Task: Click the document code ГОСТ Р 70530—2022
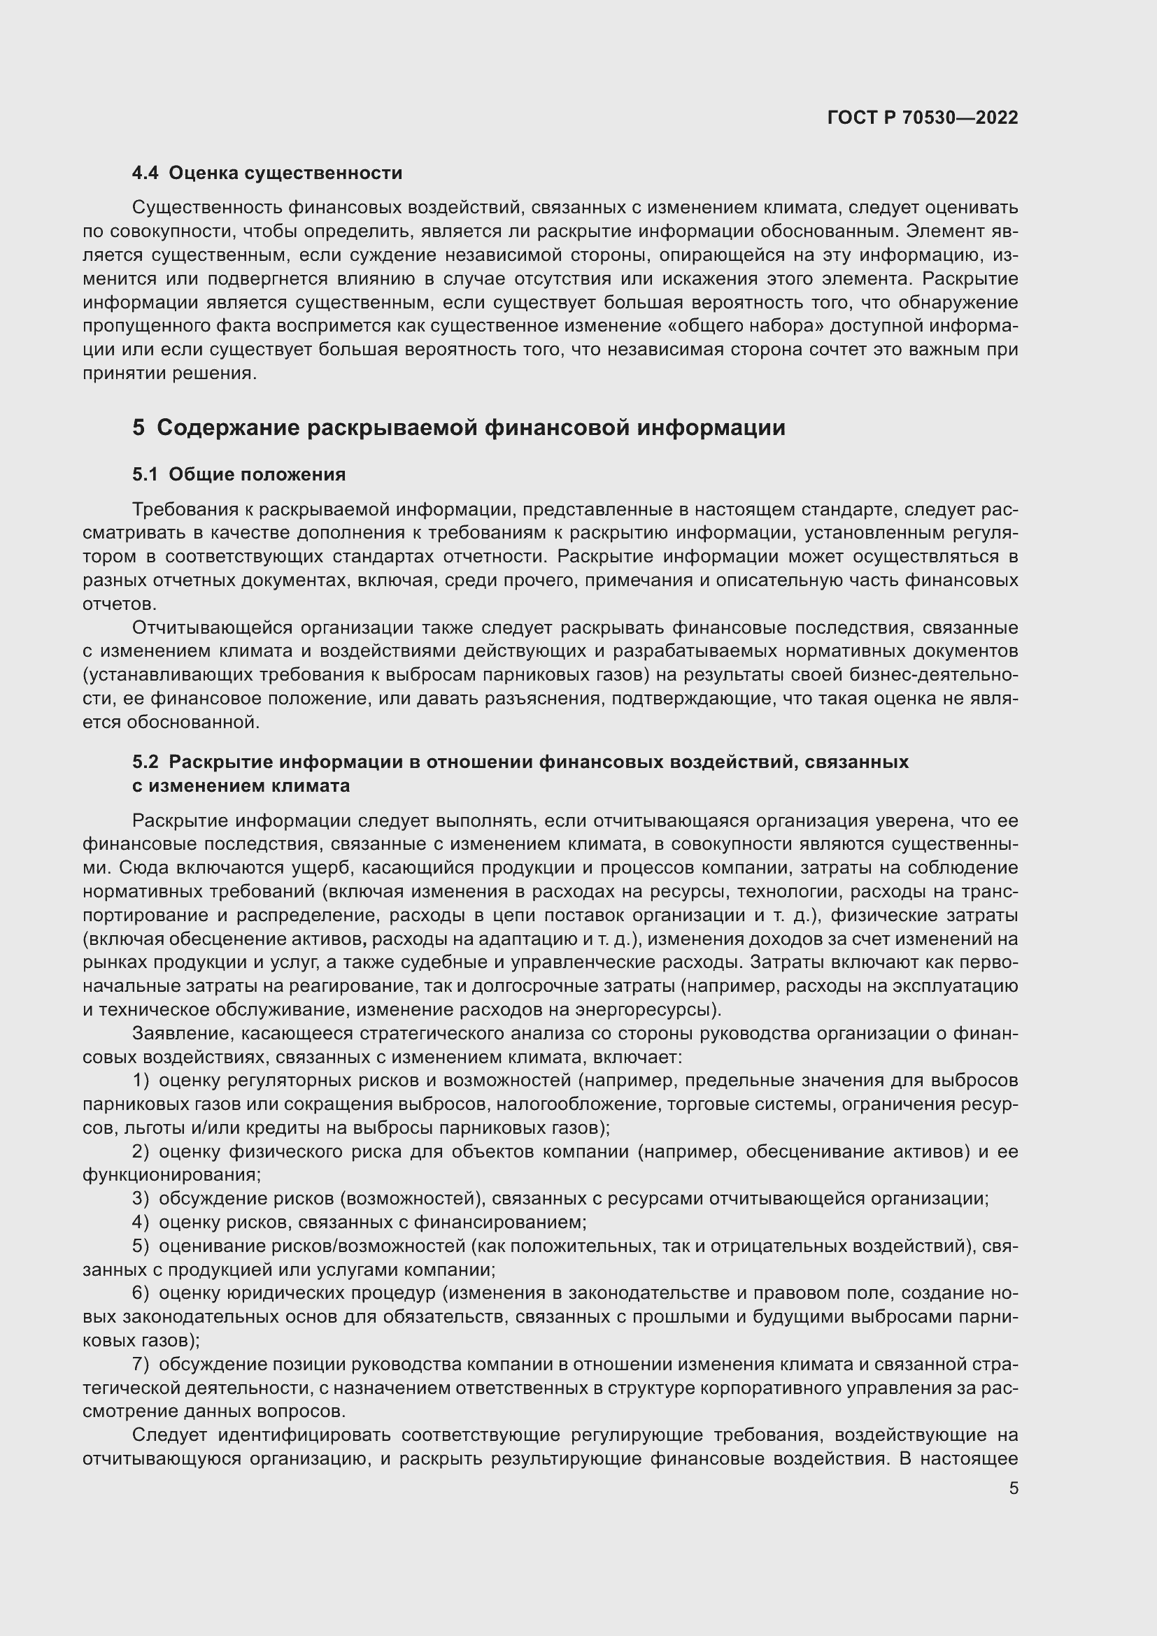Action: pyautogui.click(x=923, y=118)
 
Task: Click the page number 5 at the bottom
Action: pyautogui.click(x=1013, y=1488)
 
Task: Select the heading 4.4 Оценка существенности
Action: pyautogui.click(x=267, y=173)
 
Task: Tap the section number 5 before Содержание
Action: pyautogui.click(x=139, y=427)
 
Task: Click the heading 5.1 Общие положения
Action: pyautogui.click(x=239, y=474)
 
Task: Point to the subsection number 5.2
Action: pyautogui.click(x=145, y=762)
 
